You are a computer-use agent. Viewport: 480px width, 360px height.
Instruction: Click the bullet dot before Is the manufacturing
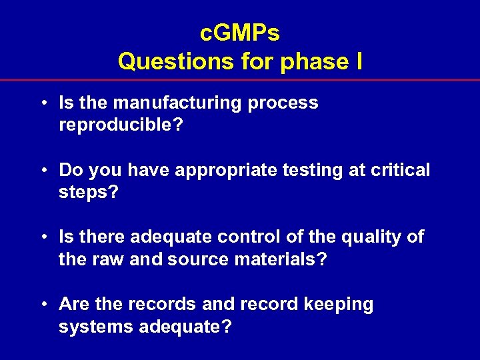(43, 104)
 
